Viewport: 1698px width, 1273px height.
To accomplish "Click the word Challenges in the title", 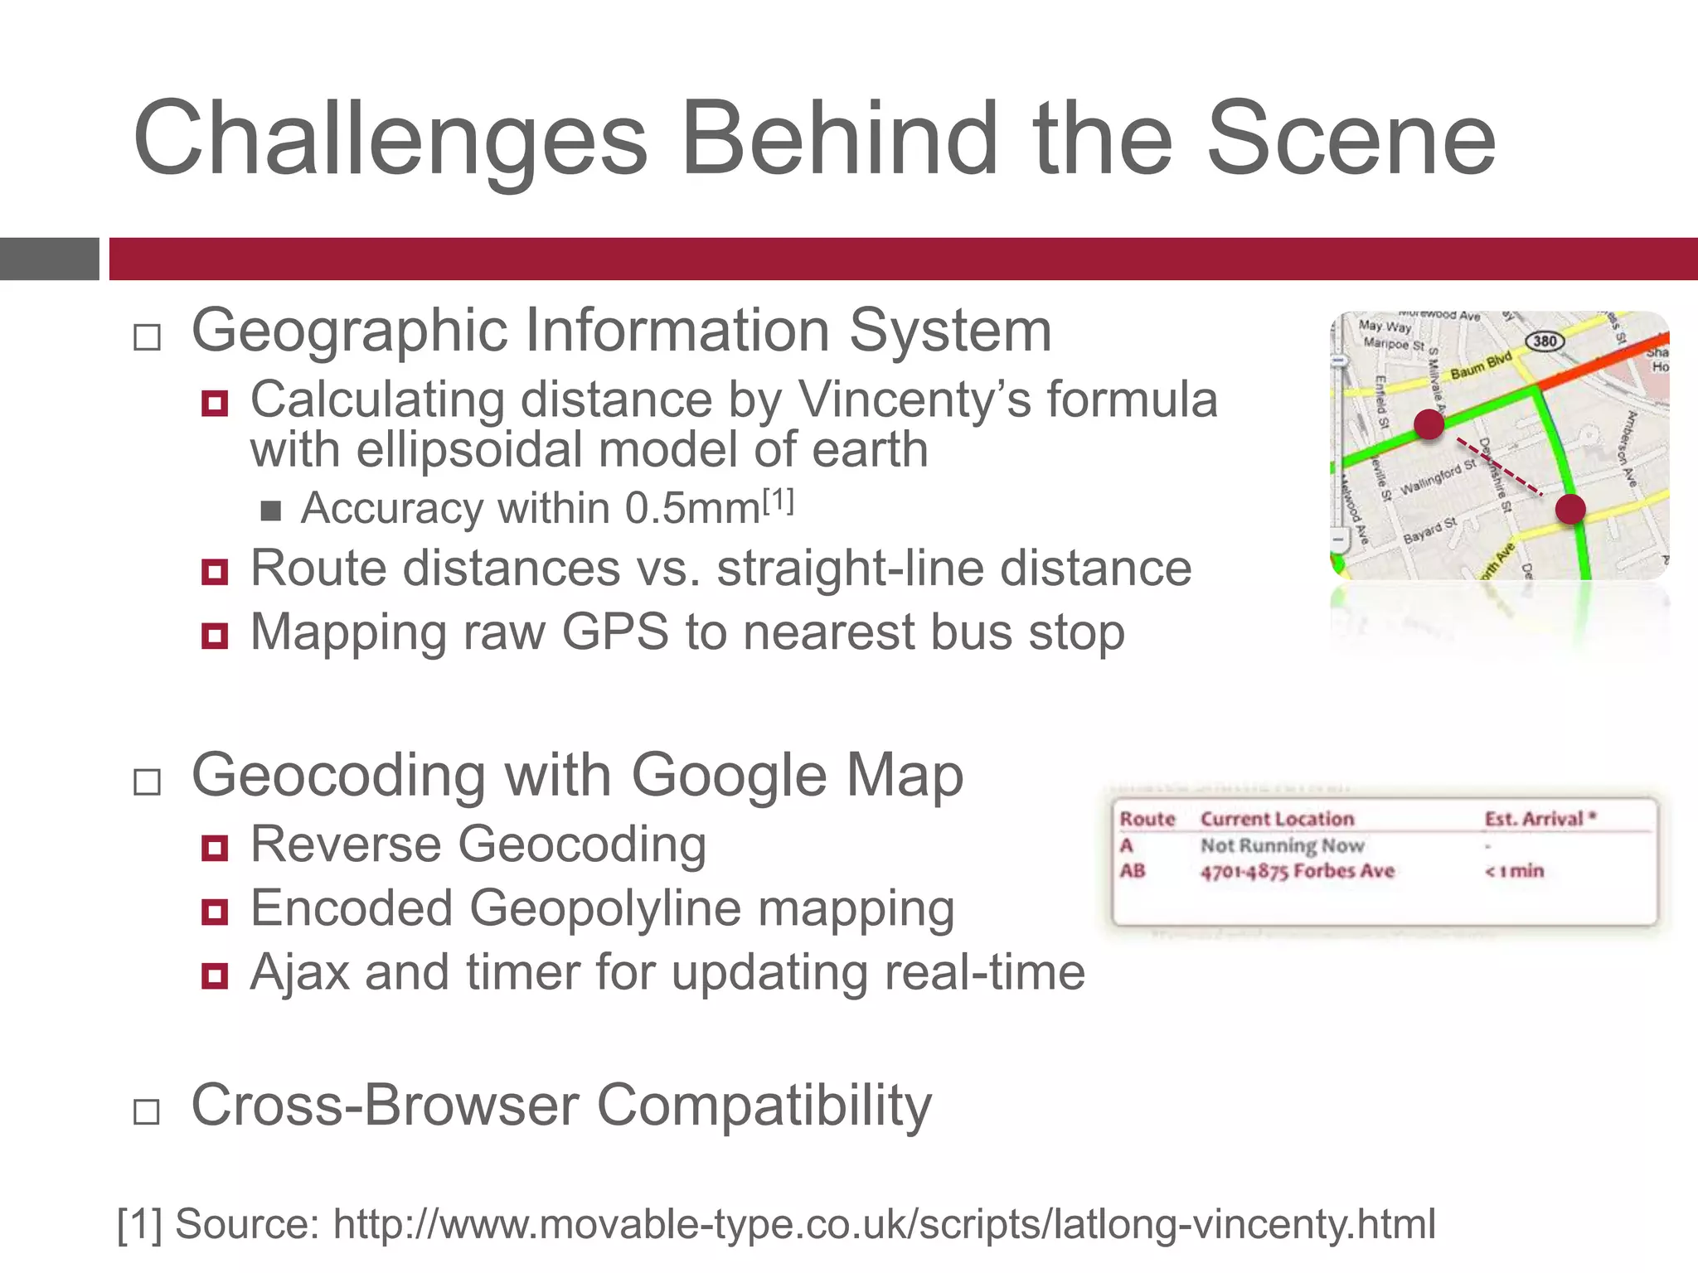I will click(x=390, y=139).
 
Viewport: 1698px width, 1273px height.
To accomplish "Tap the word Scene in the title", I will click(x=1351, y=139).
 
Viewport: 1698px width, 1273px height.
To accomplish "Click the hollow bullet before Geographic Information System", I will click(x=147, y=337).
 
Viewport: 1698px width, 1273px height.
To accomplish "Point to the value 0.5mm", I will click(x=692, y=508).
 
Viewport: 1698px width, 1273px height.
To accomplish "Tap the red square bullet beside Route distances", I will click(x=215, y=571).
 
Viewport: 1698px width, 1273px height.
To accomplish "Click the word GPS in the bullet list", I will click(x=614, y=632).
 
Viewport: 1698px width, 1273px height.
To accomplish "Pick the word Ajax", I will click(x=299, y=972).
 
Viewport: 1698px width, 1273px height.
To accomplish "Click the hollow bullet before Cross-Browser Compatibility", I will click(x=147, y=1111).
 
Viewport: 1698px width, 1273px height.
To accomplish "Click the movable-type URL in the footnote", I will click(x=884, y=1224).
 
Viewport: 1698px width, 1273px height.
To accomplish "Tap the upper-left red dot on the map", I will click(x=1429, y=424).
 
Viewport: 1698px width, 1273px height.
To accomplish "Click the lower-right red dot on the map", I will click(x=1569, y=509).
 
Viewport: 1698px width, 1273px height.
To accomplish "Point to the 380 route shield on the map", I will click(x=1545, y=341).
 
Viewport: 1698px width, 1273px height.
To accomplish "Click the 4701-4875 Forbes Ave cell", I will click(x=1298, y=871).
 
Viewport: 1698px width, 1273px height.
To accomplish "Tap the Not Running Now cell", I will click(x=1282, y=845).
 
